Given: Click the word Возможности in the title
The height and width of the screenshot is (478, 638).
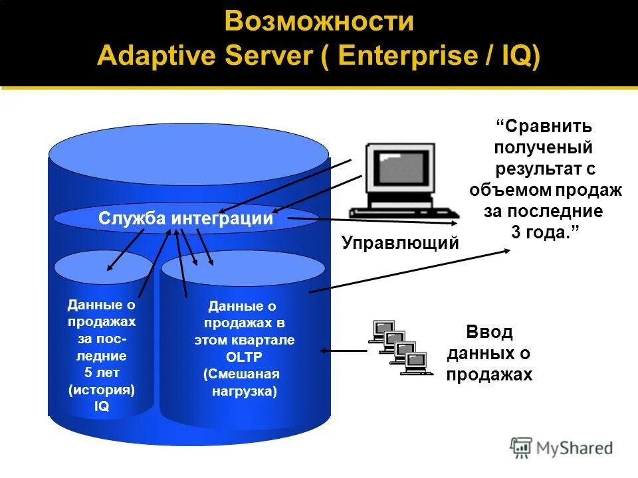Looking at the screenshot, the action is [319, 21].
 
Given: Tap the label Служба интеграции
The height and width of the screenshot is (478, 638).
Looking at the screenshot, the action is [186, 218].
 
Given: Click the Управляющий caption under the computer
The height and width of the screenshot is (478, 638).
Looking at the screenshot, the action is [400, 243].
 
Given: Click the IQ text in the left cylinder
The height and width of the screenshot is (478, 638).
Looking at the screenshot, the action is [101, 407].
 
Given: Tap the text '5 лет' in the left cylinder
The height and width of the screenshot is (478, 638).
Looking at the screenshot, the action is [101, 372].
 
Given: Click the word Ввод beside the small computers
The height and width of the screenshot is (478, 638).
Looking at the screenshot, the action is [489, 332].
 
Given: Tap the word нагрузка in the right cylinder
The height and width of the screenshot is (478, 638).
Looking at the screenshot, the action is [244, 391].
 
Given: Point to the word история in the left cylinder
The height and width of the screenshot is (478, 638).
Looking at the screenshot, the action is [102, 390].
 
